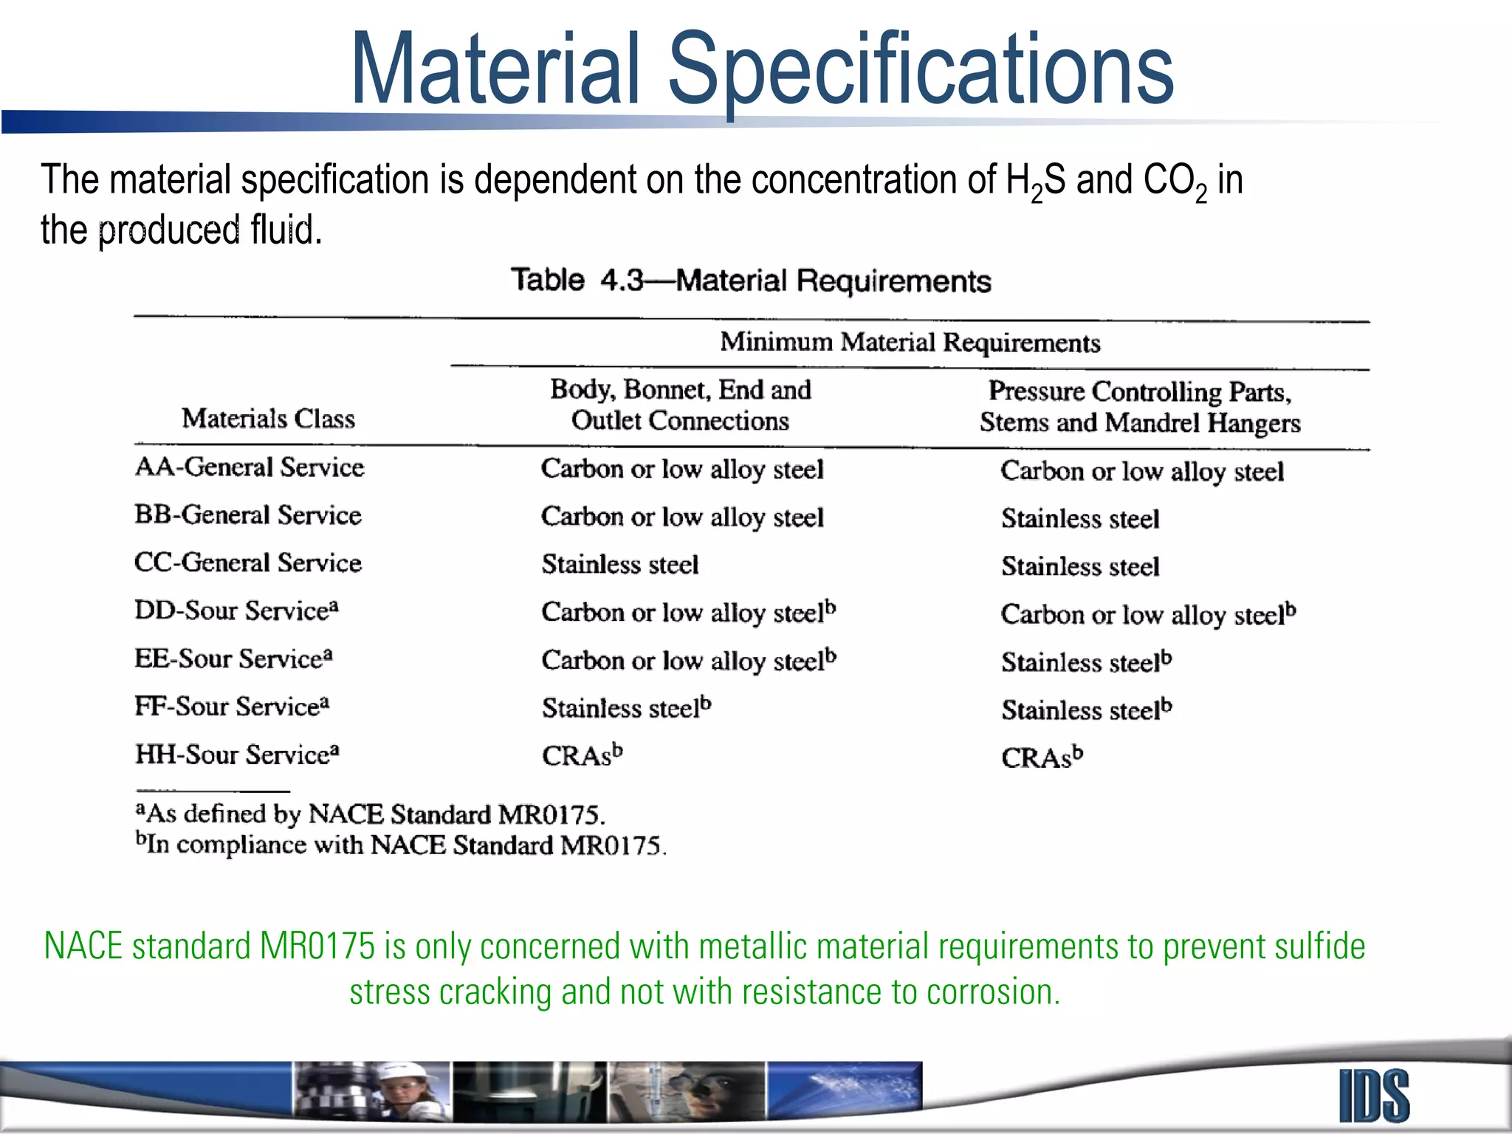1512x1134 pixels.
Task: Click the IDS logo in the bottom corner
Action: [1374, 1096]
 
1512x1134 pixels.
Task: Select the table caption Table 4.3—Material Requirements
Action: [750, 281]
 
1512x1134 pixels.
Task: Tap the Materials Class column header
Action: [268, 419]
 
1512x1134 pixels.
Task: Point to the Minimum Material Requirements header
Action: [910, 343]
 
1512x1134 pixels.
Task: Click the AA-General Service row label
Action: [250, 467]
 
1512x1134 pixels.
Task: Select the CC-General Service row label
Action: [248, 563]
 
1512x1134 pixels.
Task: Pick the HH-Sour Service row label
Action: [236, 755]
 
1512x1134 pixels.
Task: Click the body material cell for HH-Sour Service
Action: [582, 755]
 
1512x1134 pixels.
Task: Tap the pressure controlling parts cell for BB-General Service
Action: [1079, 518]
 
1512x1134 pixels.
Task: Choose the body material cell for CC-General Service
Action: [619, 565]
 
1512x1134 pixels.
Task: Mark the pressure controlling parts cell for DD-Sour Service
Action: [1147, 614]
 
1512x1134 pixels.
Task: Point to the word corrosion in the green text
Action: [992, 992]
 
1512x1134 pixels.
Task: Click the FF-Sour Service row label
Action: [232, 707]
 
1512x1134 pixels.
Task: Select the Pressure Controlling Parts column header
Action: [1139, 407]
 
